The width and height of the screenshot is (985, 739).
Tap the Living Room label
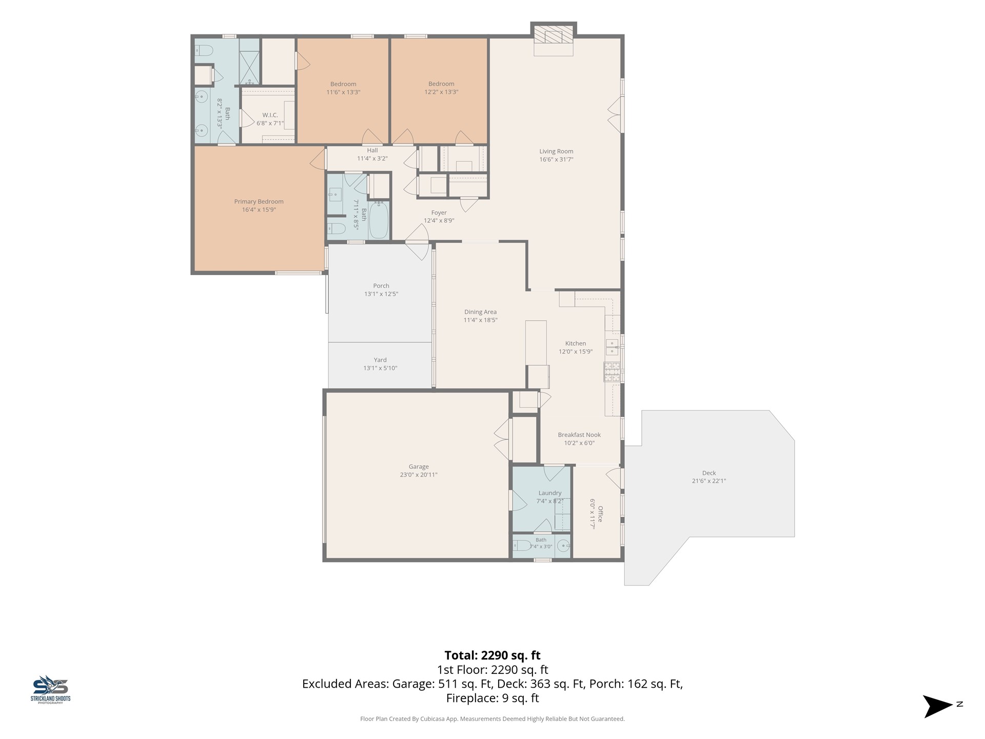556,151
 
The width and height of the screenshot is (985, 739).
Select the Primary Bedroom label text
259,202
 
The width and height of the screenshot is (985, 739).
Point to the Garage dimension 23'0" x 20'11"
419,475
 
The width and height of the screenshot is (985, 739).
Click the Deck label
709,473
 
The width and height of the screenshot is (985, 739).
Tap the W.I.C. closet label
270,115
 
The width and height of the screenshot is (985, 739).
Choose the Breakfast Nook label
579,435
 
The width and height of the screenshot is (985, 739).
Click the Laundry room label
550,493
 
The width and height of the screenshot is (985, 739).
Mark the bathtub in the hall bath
379,220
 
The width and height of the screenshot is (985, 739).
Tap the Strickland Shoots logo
51,689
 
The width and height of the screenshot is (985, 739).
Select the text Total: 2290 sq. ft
493,655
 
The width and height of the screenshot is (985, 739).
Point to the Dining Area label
480,312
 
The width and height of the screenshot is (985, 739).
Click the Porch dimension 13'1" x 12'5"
381,294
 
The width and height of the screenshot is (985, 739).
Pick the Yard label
380,360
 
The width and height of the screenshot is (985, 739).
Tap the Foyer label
439,212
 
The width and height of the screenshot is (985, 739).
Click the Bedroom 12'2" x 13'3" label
441,88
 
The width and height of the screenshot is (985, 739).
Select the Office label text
600,514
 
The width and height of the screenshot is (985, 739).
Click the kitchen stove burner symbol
612,372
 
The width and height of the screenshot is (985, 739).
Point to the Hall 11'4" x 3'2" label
372,154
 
